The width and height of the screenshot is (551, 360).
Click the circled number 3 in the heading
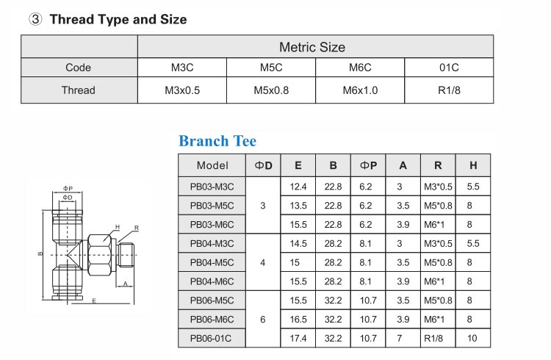coord(34,20)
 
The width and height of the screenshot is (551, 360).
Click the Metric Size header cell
coord(311,47)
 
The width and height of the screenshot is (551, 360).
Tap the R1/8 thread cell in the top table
coord(449,90)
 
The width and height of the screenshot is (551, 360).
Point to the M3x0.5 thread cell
coord(182,90)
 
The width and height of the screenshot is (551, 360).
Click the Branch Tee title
coord(217,141)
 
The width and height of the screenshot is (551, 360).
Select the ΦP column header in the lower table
coord(368,165)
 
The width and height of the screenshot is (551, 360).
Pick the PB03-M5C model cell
coord(212,206)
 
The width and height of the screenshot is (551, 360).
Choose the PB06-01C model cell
coord(212,339)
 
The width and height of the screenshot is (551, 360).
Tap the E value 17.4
coord(300,339)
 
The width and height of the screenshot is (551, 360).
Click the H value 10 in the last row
coord(472,339)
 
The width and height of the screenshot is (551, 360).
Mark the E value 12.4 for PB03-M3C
coord(300,187)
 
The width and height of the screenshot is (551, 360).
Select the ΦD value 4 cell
coord(264,262)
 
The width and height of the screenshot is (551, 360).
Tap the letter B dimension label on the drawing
coord(40,255)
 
